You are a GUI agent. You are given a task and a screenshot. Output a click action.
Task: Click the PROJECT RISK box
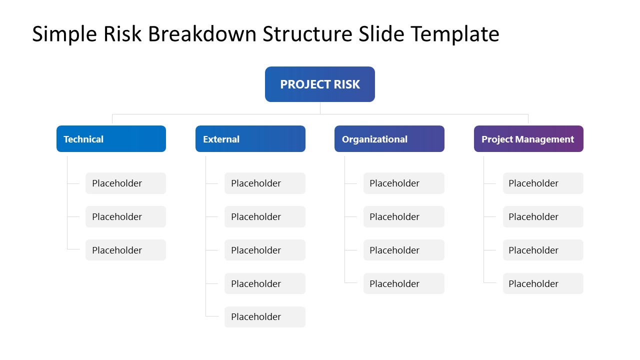coord(319,84)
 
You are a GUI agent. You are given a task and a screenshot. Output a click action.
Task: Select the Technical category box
coord(111,139)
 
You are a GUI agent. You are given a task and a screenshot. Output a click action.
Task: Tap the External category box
coord(250,139)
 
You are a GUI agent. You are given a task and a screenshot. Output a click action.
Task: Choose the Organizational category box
coord(389,139)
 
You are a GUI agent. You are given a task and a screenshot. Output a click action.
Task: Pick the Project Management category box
coord(528,139)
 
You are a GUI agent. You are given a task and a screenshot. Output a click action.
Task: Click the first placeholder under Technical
coord(125,183)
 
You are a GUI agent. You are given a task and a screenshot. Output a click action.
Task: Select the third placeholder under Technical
coord(125,250)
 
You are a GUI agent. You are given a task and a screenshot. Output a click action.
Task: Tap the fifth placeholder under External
coord(264,317)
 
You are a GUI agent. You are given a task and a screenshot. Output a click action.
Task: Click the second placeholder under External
coord(264,216)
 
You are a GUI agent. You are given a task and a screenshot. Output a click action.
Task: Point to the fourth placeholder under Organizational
coord(403,283)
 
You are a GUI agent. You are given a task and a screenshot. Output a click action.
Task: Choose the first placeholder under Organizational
coord(403,183)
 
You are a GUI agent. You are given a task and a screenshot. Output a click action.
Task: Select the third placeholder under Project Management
coord(543,250)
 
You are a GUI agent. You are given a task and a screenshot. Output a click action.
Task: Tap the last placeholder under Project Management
coord(543,283)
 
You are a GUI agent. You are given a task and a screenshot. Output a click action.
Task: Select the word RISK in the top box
coord(346,84)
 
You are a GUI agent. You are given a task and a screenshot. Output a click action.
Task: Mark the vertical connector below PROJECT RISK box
coord(320,108)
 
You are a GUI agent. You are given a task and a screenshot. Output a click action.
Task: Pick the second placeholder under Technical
coord(125,216)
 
